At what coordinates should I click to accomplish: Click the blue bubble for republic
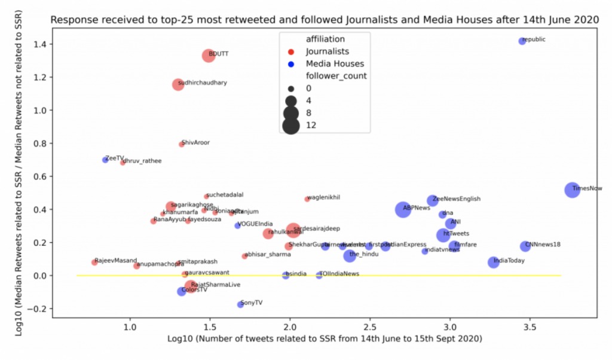[522, 41]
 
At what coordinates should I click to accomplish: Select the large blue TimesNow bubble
[572, 190]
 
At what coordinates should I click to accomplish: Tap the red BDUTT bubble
[209, 56]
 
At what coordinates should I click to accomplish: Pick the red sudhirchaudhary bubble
[178, 84]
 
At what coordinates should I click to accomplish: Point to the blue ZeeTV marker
[105, 160]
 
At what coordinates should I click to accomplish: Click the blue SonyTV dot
[240, 304]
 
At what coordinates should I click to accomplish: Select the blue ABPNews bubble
[403, 209]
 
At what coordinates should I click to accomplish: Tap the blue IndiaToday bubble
[493, 262]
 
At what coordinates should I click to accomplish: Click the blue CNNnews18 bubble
[525, 246]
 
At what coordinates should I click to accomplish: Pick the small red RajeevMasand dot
[94, 263]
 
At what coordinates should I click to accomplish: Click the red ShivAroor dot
[182, 144]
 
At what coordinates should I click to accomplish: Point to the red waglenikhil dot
[307, 199]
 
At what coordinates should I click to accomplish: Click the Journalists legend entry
[327, 52]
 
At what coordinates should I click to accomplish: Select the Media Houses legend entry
[334, 64]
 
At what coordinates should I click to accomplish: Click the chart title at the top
[324, 20]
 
